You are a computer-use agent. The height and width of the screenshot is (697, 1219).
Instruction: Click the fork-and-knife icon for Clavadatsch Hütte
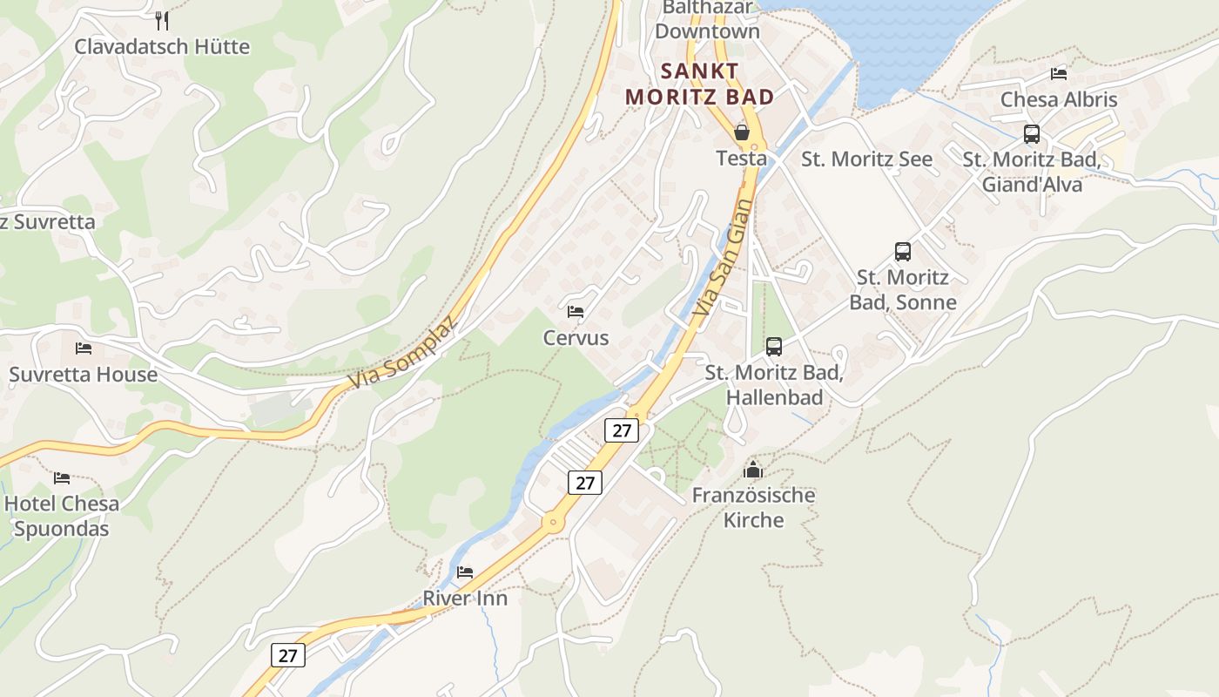coord(162,20)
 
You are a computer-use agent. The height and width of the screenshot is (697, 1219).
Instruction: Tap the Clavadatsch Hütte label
coord(162,46)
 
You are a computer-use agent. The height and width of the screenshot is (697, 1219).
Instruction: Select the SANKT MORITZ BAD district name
coord(700,84)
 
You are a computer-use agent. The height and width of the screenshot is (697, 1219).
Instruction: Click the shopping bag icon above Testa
coord(742,132)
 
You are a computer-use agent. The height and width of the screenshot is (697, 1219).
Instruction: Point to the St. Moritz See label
coord(866,159)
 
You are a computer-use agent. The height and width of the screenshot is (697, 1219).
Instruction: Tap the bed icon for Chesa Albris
coord(1059,74)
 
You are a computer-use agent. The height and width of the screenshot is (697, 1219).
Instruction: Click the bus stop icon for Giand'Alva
coord(1032,134)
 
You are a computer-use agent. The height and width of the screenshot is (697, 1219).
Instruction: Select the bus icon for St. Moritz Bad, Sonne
coord(903,252)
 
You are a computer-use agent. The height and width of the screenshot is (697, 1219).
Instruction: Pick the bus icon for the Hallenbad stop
coord(774,347)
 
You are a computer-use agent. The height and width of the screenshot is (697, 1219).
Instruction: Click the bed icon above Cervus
coord(576,311)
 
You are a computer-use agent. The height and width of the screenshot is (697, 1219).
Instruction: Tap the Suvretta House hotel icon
coord(84,348)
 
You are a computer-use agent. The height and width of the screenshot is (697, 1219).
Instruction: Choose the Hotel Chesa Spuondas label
coord(62,516)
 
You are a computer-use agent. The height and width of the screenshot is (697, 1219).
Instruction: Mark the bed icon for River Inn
coord(465,572)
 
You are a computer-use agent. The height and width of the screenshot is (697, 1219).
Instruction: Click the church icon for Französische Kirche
coord(753,470)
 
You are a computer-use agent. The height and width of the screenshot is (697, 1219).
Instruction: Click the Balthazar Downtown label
coord(707,20)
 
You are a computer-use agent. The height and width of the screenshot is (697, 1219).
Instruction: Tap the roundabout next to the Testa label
coord(755,145)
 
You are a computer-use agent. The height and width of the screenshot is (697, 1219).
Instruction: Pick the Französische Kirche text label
coord(753,508)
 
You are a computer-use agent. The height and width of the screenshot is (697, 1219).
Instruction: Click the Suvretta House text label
coord(84,375)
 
